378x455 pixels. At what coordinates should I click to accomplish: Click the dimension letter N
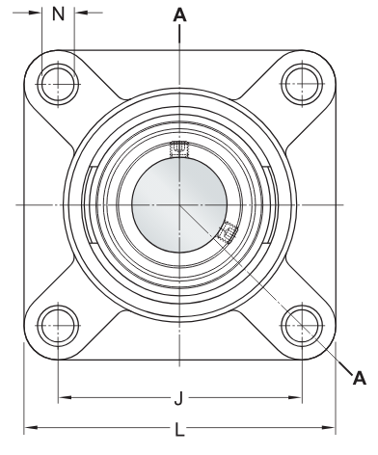(x=58, y=13)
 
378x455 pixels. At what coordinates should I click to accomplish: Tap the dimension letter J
(x=178, y=398)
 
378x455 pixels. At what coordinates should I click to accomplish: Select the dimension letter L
(x=179, y=430)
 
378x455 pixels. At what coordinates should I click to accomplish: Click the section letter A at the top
(x=179, y=14)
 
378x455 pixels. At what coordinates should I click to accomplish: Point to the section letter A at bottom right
(x=360, y=378)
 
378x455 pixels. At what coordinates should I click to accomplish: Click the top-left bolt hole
(x=58, y=84)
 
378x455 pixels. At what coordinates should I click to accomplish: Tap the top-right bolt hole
(x=302, y=84)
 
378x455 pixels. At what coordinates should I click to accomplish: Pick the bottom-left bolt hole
(x=58, y=325)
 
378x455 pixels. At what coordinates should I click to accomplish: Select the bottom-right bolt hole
(x=302, y=325)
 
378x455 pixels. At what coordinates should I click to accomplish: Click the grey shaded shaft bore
(x=179, y=204)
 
